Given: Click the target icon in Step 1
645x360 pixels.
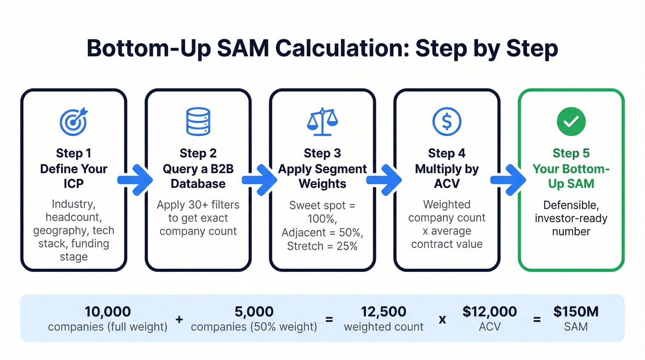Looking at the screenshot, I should (74, 121).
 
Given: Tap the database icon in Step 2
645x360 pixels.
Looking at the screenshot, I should (198, 121).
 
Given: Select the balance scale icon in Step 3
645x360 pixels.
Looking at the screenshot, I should (322, 121).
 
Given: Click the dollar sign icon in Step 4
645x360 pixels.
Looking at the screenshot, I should (446, 121).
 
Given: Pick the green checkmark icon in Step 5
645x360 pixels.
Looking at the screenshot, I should (571, 121).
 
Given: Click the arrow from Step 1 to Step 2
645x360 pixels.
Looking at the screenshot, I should (135, 179).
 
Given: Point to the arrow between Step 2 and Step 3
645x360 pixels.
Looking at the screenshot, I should (259, 179).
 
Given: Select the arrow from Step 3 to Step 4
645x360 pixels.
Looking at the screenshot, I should (384, 179).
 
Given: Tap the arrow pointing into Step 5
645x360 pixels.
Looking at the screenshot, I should (508, 179).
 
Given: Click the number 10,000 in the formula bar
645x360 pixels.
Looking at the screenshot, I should (108, 312).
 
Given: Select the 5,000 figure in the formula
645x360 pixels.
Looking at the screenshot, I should (254, 312).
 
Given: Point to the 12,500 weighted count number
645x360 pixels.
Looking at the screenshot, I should (383, 312).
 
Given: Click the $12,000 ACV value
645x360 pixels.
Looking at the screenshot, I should (489, 312).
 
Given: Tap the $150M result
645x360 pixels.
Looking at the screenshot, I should (576, 312).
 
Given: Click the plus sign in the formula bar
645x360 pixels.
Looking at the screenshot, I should (180, 319).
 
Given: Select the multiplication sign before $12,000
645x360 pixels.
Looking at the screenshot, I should (442, 319).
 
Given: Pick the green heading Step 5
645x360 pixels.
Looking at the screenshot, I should (571, 153).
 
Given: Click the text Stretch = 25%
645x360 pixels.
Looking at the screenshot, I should (322, 246).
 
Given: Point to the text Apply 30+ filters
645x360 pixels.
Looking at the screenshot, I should (198, 204).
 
